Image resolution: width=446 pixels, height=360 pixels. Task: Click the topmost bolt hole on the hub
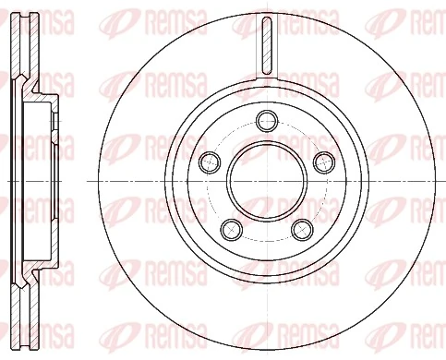[x=267, y=119]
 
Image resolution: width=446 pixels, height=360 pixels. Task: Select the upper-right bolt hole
[x=322, y=162]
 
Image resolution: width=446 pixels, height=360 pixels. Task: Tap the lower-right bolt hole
[x=301, y=226]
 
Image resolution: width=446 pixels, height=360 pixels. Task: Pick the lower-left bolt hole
[x=231, y=226]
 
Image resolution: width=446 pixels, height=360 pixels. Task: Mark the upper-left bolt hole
[x=210, y=162]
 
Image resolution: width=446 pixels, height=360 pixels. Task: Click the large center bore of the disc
[x=266, y=179]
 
